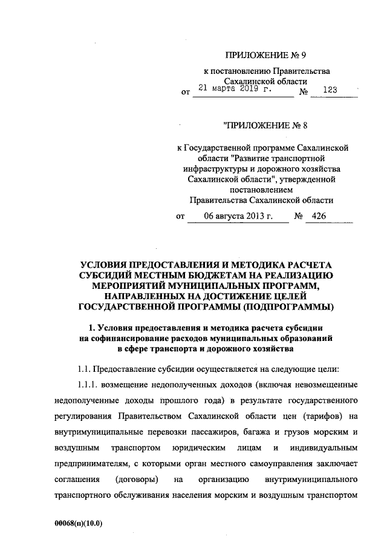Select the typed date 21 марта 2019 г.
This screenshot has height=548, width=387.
[x=236, y=88]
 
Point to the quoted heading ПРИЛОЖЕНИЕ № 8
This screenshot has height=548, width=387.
[x=263, y=126]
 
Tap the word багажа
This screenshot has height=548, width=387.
[x=236, y=432]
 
